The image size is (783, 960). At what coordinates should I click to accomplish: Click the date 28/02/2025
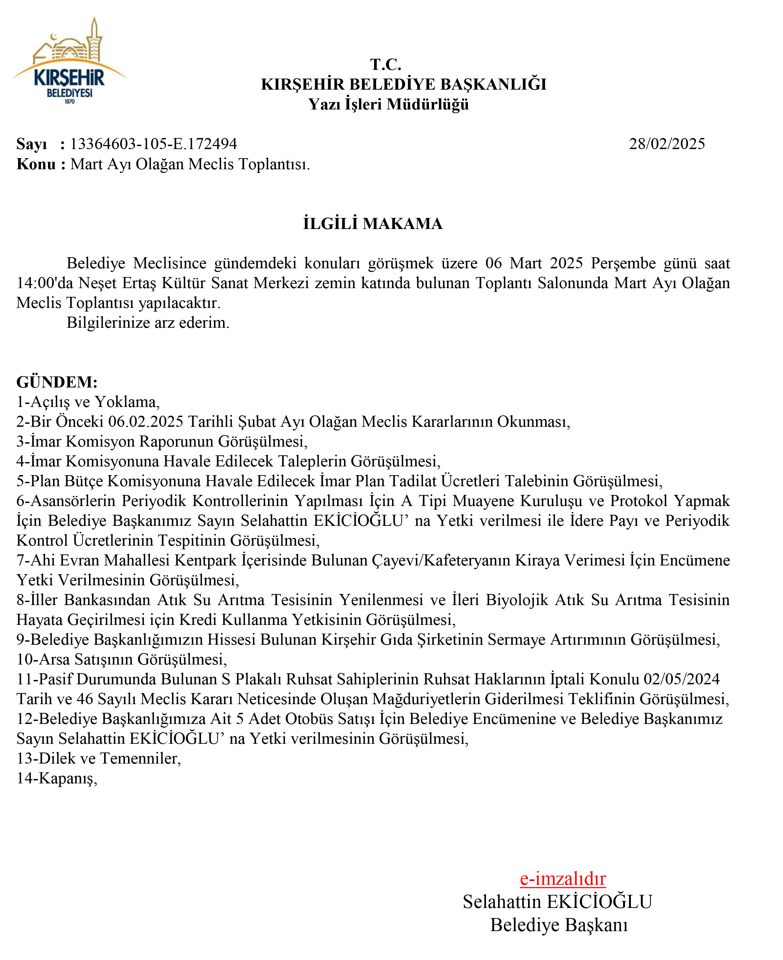[x=667, y=144]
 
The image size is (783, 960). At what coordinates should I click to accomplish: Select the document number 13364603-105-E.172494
[x=154, y=144]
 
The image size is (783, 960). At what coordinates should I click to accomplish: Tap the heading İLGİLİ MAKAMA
[x=373, y=224]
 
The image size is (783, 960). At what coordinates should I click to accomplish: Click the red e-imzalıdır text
[x=562, y=878]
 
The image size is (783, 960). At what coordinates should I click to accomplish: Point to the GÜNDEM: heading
[x=57, y=382]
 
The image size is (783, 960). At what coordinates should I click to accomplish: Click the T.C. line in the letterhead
[x=386, y=64]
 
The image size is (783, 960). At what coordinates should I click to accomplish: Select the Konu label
[x=36, y=164]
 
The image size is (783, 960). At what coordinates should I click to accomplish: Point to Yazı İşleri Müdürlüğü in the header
[x=388, y=104]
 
